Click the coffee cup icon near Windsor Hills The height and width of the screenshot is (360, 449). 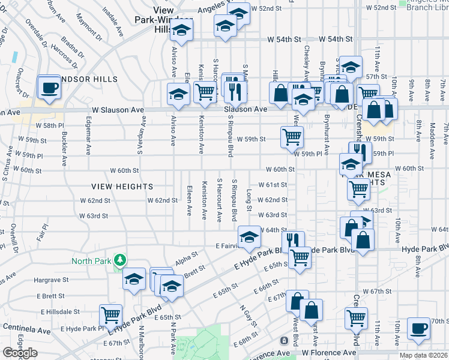49,88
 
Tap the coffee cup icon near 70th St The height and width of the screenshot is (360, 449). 418,328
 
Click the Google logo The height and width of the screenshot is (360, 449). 20,353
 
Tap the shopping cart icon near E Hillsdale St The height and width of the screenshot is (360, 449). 110,314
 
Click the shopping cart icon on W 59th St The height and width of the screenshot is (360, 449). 292,136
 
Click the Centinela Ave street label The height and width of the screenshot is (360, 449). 26,329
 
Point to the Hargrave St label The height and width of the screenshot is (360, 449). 48,280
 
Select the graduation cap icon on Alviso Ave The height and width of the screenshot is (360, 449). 178,94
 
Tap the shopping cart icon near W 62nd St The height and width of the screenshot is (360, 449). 358,189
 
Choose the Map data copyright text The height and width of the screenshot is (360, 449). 424,355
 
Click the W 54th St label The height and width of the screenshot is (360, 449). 335,39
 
